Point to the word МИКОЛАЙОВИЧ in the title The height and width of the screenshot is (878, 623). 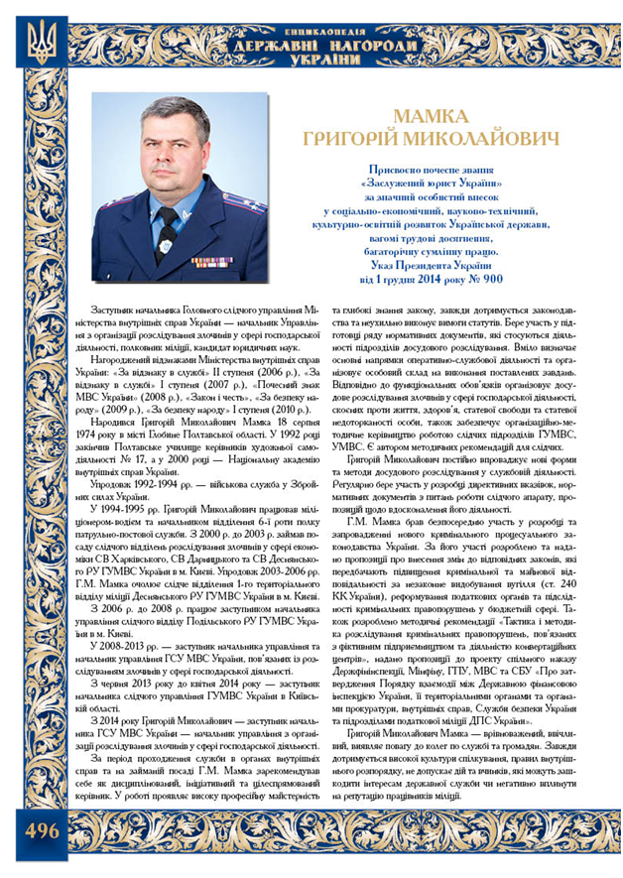(x=494, y=139)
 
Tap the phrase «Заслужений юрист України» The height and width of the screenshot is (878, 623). (x=436, y=184)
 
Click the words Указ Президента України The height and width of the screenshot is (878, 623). (x=436, y=266)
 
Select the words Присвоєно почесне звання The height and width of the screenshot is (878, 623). (x=436, y=170)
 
